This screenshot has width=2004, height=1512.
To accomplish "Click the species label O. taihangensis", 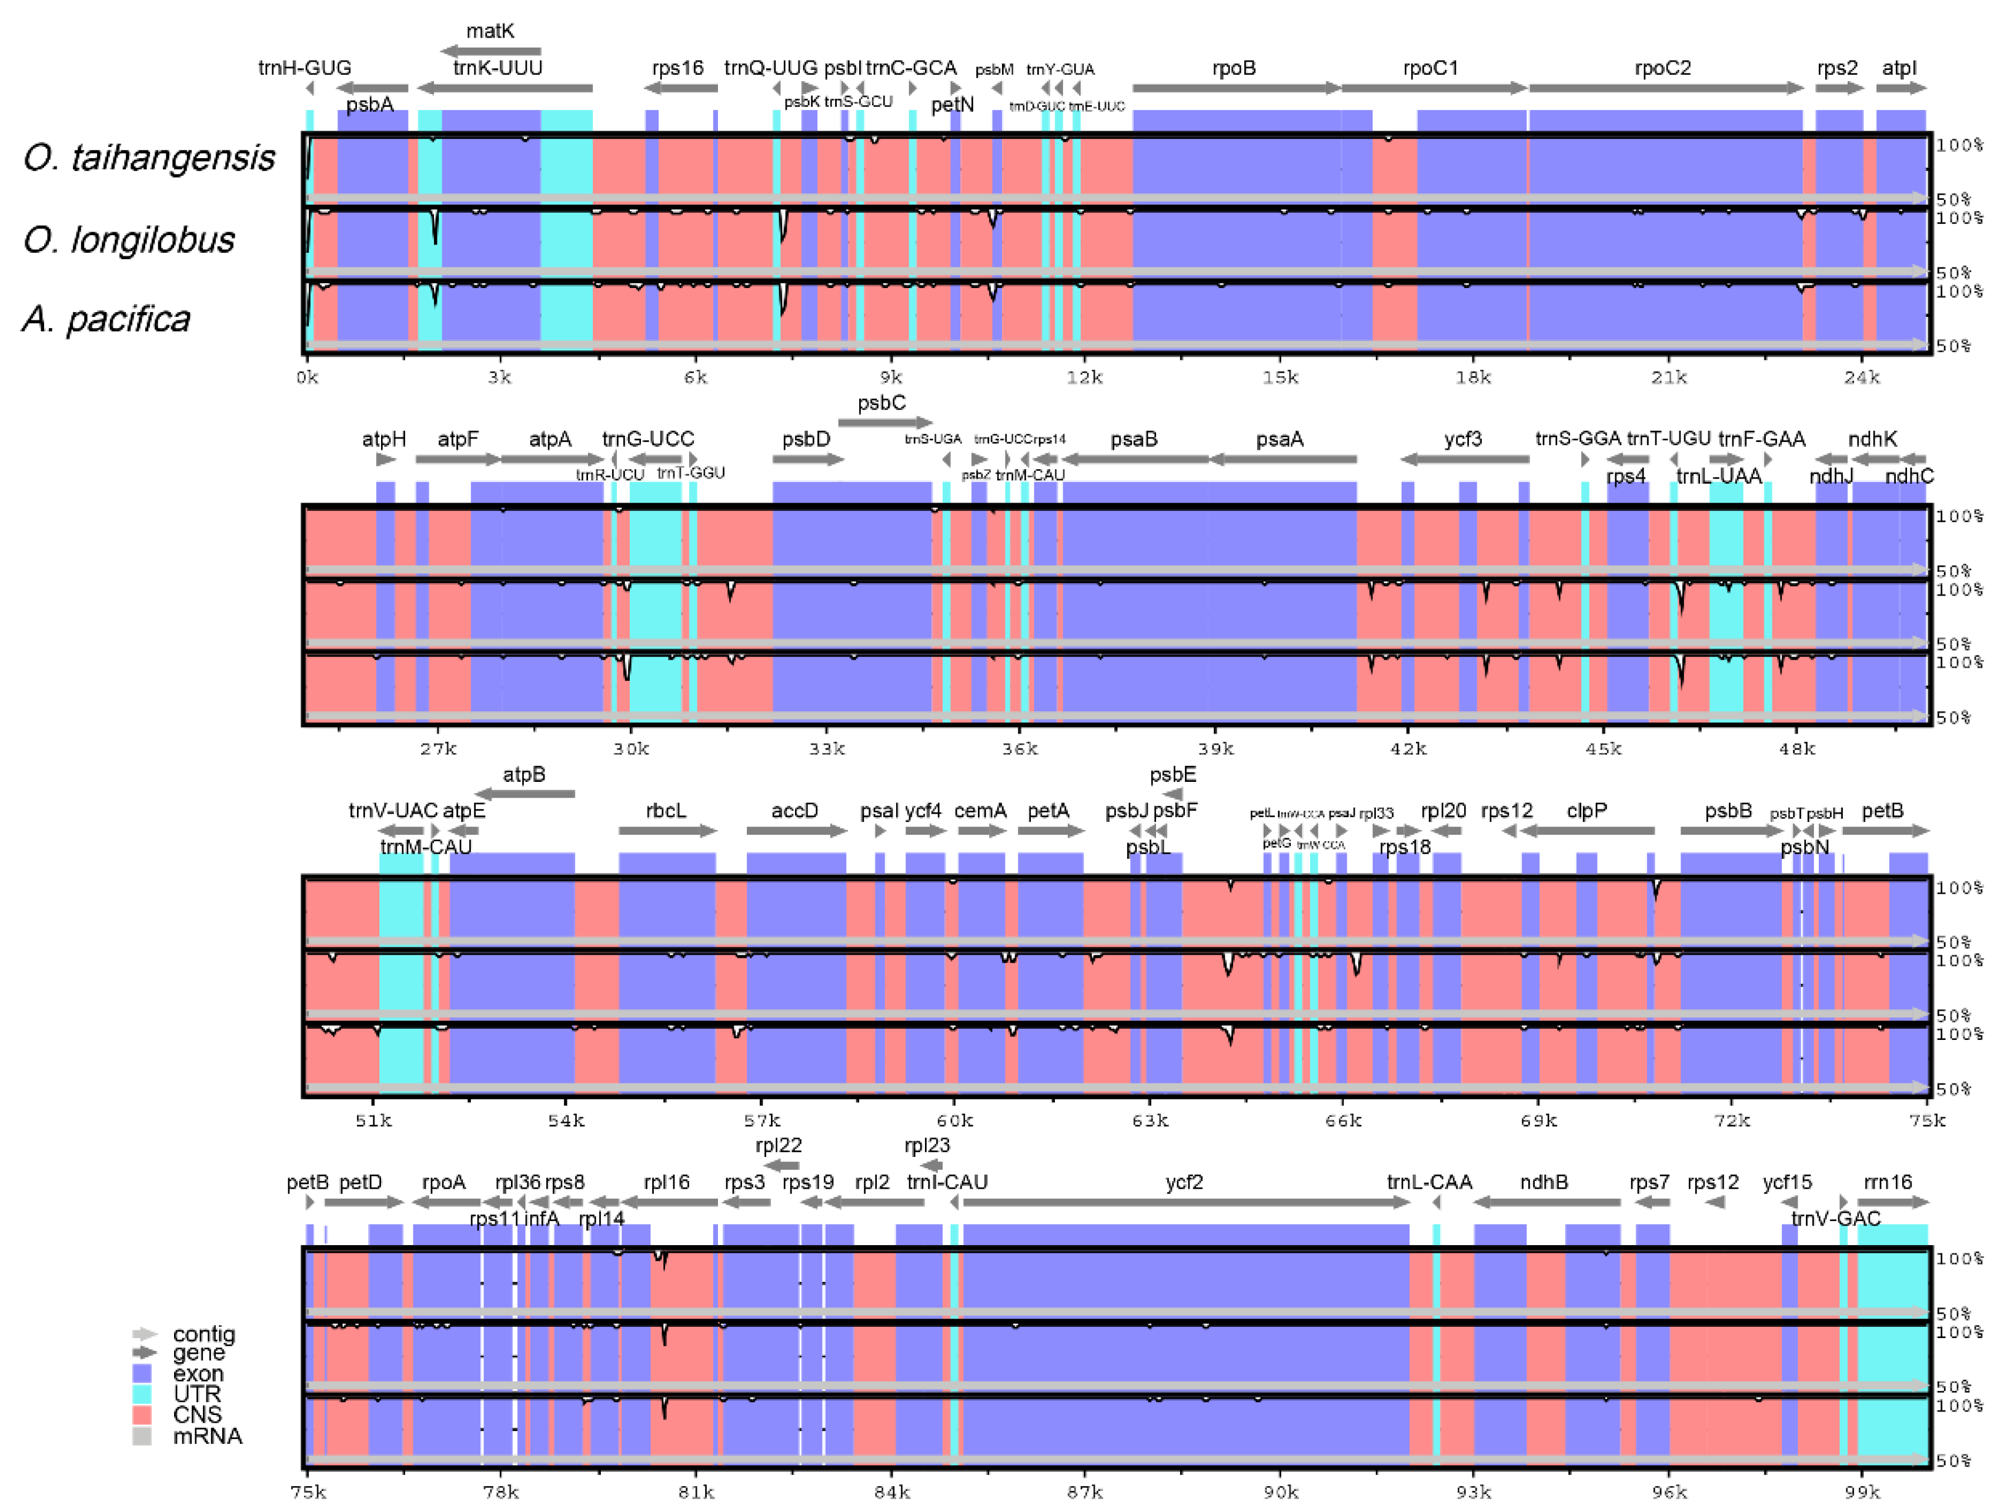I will pos(149,159).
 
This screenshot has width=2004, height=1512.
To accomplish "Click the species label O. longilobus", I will pos(129,240).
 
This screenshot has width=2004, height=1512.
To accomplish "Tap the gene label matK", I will pos(490,31).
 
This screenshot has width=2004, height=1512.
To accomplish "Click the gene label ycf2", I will pos(1184,1182).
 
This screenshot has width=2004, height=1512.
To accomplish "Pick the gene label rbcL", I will pos(666,811).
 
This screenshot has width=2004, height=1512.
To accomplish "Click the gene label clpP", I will pos(1586,811).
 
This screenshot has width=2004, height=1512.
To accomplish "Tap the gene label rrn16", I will pos(1888,1182).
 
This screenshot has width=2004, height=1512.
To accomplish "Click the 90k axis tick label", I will pos(1280,1492).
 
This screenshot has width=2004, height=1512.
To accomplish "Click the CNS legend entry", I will pos(196,1415).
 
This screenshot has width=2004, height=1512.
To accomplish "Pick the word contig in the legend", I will pos(204,1334).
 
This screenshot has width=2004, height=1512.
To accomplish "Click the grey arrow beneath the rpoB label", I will pos(1235,88).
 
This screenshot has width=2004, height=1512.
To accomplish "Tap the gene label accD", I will pos(794,811).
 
